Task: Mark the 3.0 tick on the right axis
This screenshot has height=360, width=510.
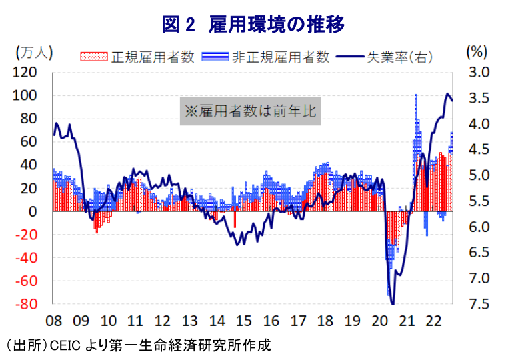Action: (479, 72)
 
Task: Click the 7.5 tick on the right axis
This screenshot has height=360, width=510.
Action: (479, 304)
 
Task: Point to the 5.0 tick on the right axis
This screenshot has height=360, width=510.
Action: (479, 175)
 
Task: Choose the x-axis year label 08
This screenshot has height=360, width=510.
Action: (54, 321)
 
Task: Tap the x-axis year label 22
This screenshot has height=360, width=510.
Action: (432, 321)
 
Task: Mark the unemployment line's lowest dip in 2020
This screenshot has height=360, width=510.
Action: (393, 303)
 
